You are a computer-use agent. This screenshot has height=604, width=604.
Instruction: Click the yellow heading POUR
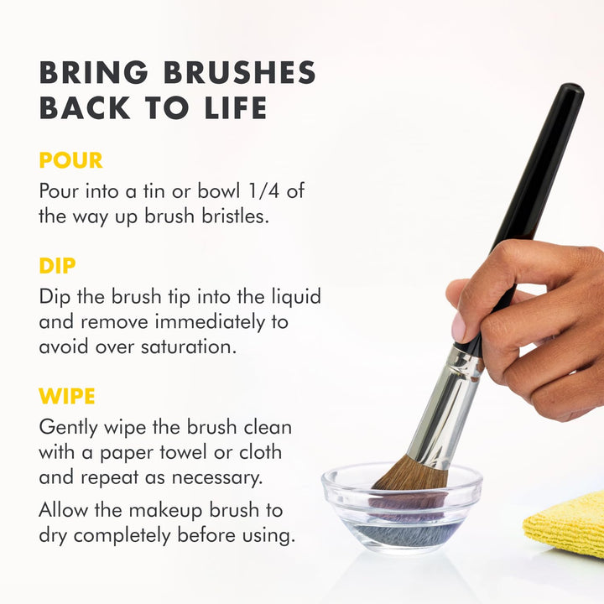coord(70,160)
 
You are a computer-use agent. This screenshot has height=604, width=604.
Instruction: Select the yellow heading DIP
coord(57,267)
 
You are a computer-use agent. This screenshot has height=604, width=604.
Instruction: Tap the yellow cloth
coord(565,523)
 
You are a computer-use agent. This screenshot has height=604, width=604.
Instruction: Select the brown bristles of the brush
coord(409,475)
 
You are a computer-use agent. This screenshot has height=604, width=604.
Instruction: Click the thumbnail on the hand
coord(459,326)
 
